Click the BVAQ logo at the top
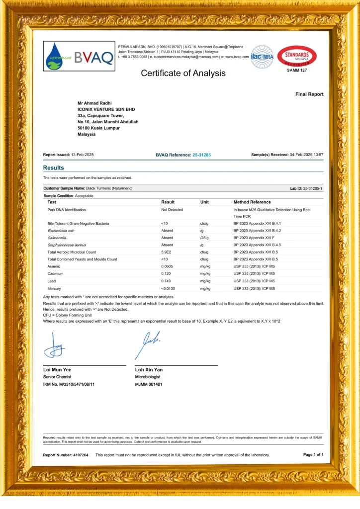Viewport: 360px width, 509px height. point(79,56)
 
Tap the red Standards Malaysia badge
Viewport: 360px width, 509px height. point(297,56)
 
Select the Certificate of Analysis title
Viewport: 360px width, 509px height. point(183,73)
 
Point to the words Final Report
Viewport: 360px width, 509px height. point(309,94)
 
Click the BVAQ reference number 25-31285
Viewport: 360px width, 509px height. point(201,155)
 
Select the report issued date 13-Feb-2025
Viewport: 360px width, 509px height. point(82,155)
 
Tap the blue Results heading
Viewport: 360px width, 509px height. point(53,168)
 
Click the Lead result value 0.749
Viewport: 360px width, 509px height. point(166,281)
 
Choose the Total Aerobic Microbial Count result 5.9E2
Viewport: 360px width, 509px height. point(167,252)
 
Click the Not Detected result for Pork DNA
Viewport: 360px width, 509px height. point(172,210)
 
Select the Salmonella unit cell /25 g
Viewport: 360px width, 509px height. point(204,238)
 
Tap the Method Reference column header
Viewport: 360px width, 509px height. point(252,202)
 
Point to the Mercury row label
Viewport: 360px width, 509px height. point(54,288)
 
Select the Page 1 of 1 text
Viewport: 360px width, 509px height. point(313,454)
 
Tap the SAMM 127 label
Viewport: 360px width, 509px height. point(297,71)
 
